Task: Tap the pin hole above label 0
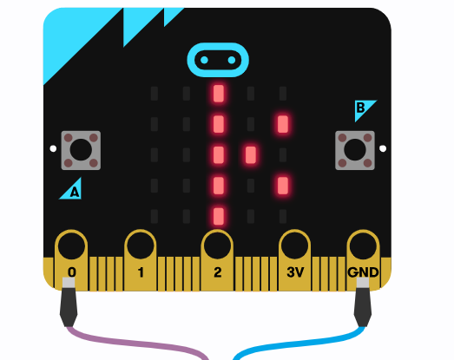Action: (x=71, y=245)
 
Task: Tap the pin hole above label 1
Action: (x=141, y=245)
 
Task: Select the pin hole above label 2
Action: (x=217, y=245)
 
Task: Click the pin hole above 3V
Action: (x=295, y=245)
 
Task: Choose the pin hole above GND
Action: (x=363, y=245)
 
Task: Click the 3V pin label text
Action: (x=295, y=272)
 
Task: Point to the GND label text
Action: (x=363, y=272)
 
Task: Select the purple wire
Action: (x=136, y=342)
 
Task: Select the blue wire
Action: (x=299, y=342)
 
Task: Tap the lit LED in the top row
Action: (x=219, y=94)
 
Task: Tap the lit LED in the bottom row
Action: (x=219, y=216)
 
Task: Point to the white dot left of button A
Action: (x=53, y=148)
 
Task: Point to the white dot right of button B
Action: (x=383, y=148)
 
